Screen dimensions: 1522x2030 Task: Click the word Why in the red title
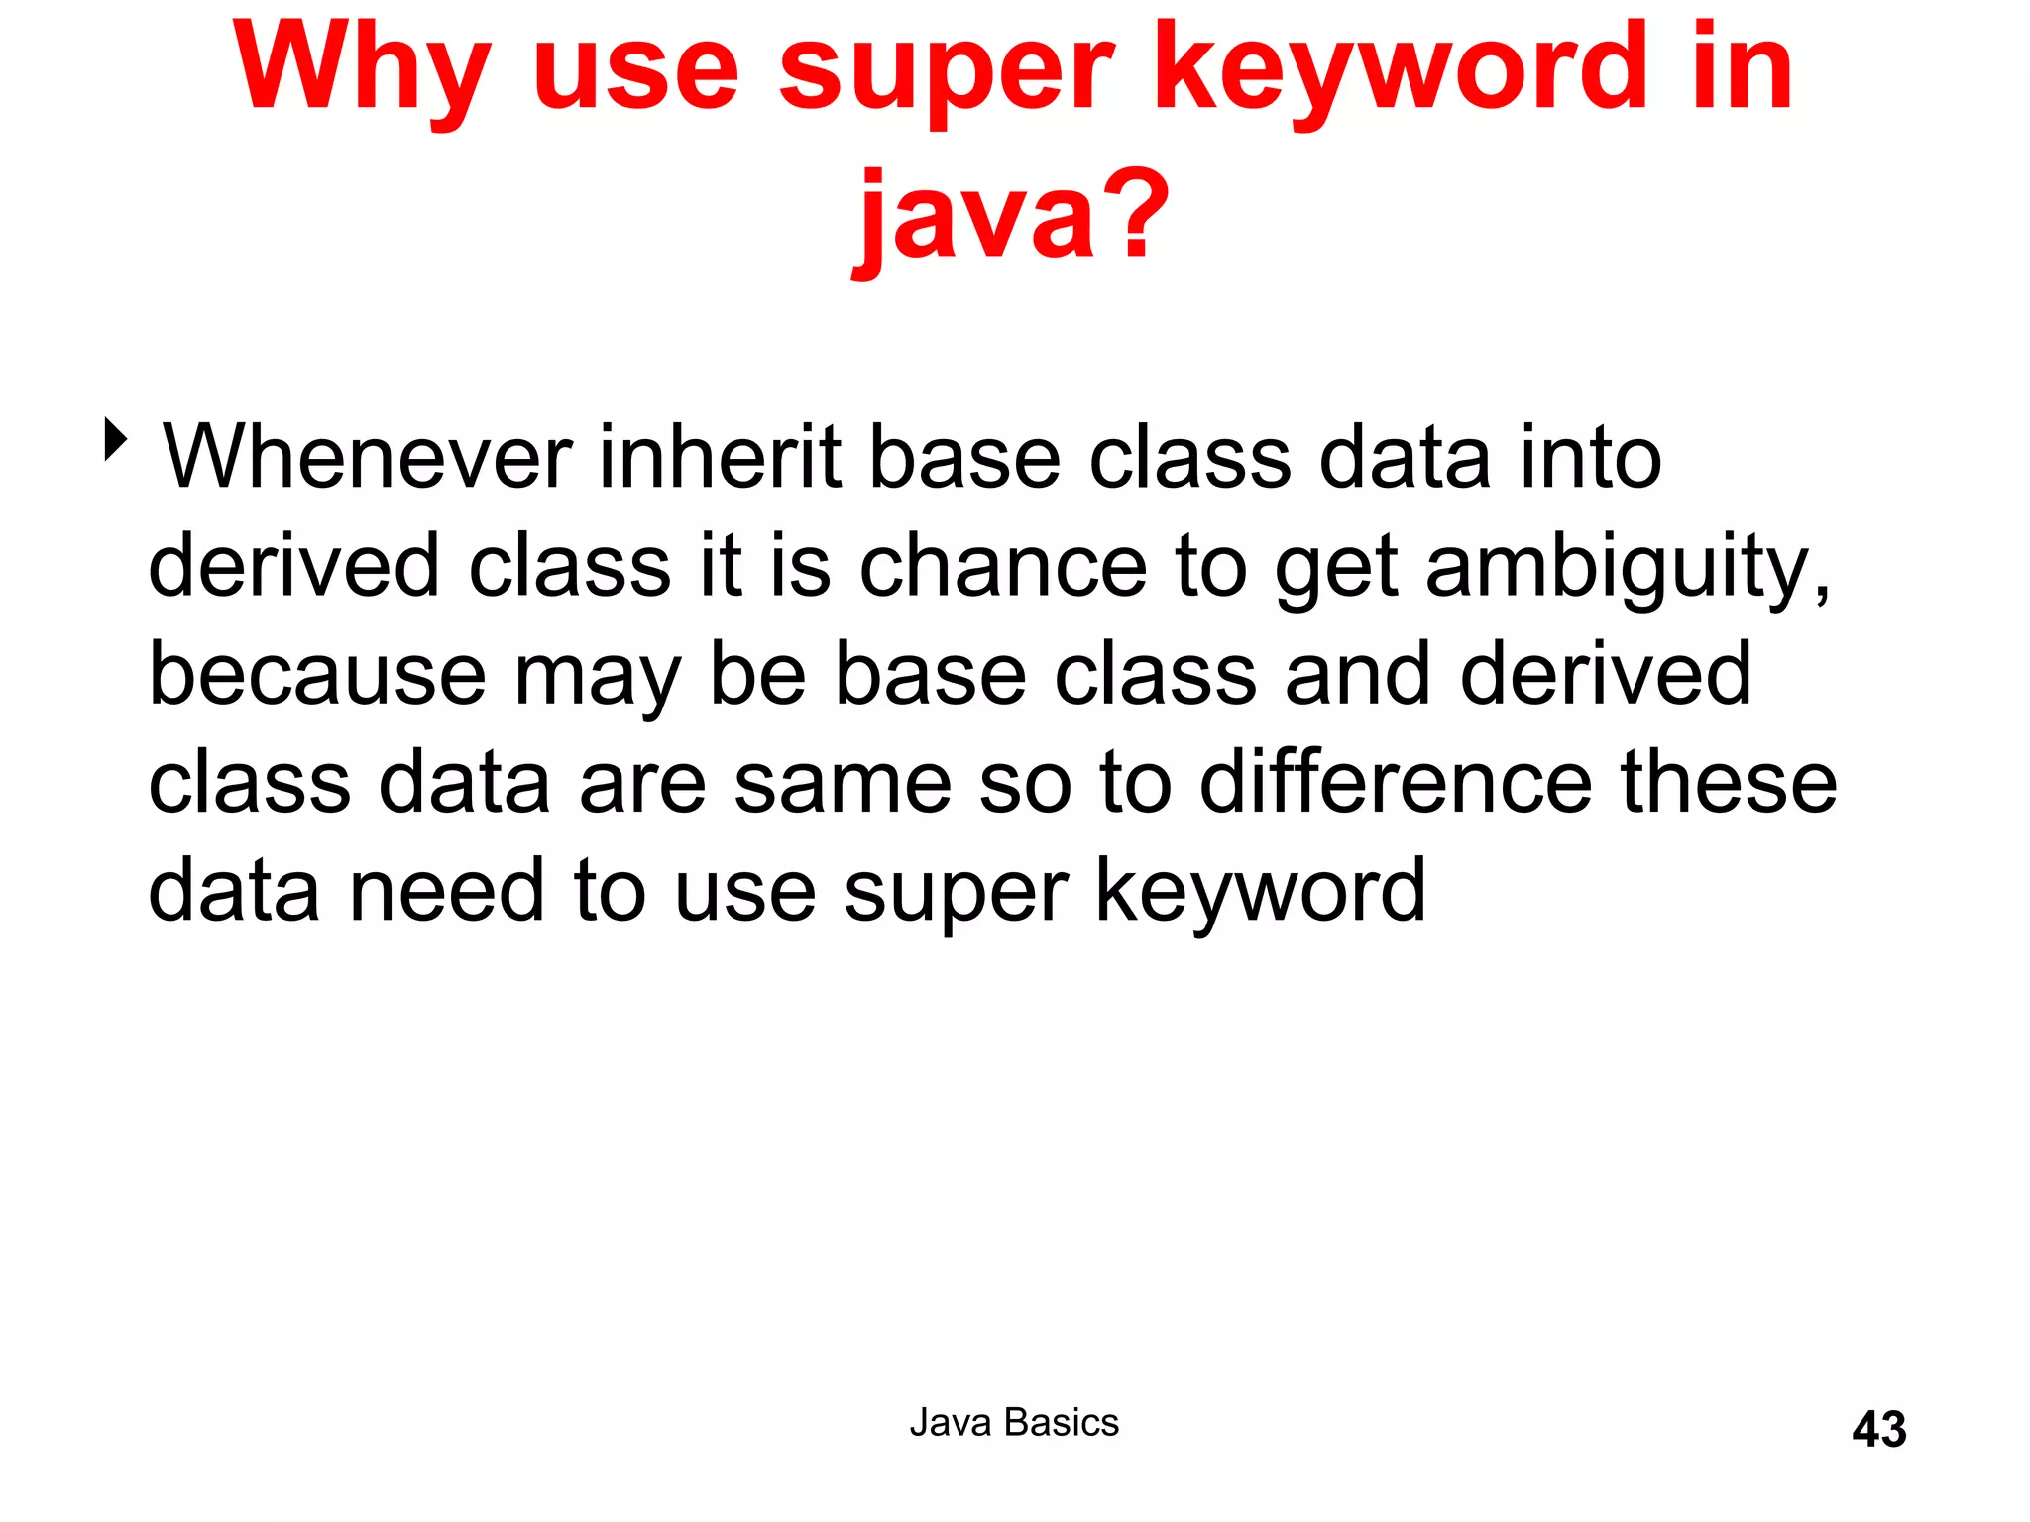click(x=362, y=69)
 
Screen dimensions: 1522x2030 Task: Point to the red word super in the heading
click(x=947, y=69)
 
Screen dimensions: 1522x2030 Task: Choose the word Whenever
click(x=368, y=457)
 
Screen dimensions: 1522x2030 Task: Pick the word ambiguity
click(x=1626, y=567)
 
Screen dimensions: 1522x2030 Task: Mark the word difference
click(x=1396, y=783)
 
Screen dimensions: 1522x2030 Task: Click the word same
click(x=843, y=783)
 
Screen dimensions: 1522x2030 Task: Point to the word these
click(x=1729, y=783)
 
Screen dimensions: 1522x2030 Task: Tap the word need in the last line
click(x=447, y=891)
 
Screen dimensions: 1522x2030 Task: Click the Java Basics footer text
click(x=1014, y=1423)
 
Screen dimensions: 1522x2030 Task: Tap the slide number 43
click(x=1878, y=1430)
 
